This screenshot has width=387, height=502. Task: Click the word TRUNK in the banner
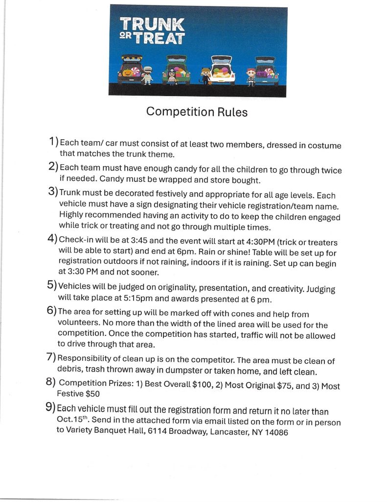click(x=152, y=24)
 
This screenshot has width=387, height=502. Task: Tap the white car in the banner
click(x=223, y=71)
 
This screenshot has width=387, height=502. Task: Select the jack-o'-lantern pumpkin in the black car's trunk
click(x=128, y=73)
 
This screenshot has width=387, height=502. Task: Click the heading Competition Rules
click(x=197, y=112)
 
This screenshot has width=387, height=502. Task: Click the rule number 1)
click(x=54, y=143)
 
